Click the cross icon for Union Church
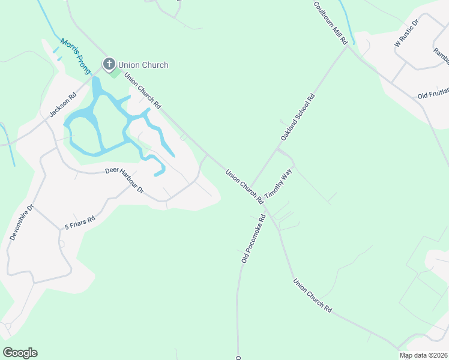point(109,64)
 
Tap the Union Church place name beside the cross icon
point(143,65)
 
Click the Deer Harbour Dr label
point(125,179)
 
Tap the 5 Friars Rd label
point(80,223)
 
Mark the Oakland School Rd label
point(298,118)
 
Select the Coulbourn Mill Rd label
point(330,23)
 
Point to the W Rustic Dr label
point(406,33)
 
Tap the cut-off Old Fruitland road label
point(433,95)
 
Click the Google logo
point(20,353)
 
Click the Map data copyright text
point(424,355)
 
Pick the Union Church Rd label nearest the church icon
point(142,91)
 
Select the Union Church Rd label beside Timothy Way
point(245,187)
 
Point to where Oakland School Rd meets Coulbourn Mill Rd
point(346,47)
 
